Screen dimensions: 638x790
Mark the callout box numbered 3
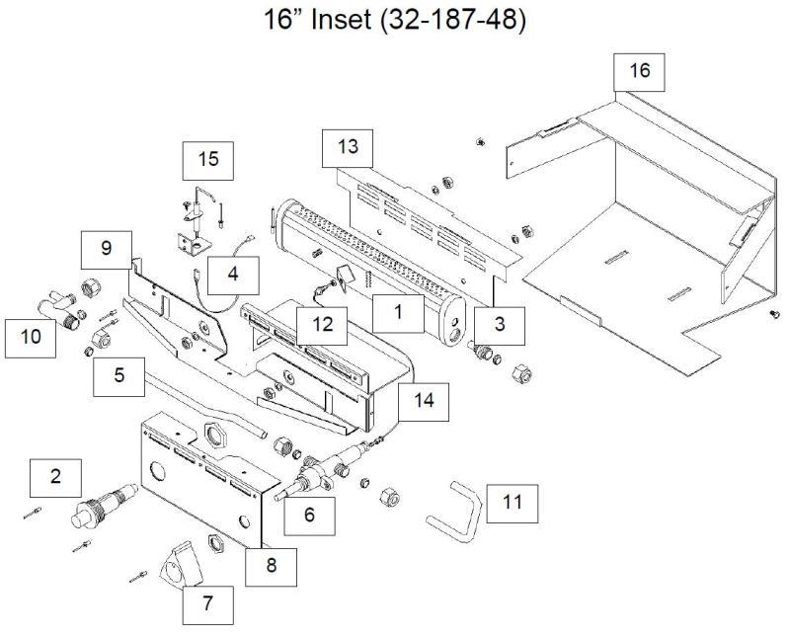(500, 323)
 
